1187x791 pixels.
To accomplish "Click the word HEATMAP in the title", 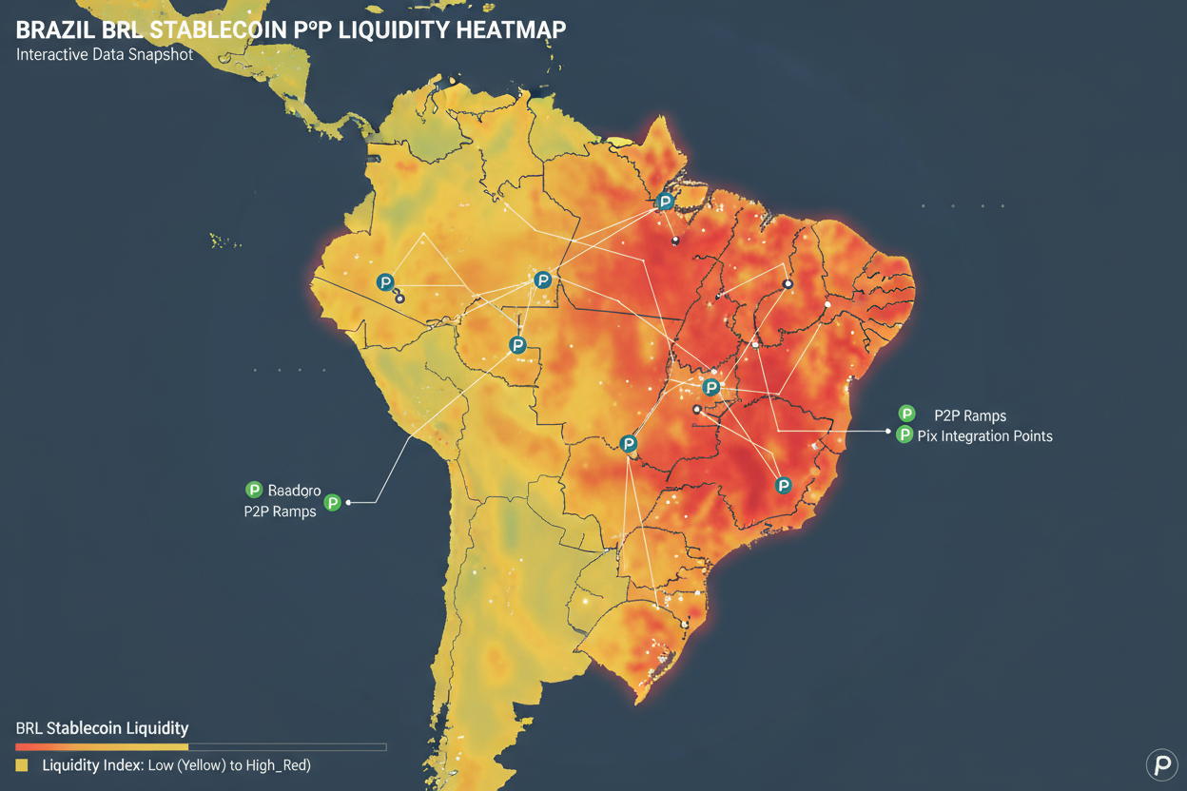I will point(511,29).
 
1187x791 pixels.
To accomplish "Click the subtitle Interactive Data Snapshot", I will point(105,55).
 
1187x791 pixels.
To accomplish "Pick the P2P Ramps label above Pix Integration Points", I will point(970,415).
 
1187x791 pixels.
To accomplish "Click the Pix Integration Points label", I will point(985,436).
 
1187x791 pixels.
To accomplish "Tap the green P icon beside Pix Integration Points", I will point(905,435).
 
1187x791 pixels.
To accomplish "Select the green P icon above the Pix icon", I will point(907,414).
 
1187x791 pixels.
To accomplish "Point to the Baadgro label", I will point(295,491).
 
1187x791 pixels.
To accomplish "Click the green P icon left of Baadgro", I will point(254,490).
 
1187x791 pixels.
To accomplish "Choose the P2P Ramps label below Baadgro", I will point(281,512).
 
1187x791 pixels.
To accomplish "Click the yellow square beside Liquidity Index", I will point(22,765).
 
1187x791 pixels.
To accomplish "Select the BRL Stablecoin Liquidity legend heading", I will point(103,729).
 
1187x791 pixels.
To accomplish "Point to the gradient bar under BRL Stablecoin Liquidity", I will point(200,747).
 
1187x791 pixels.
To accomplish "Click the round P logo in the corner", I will point(1161,764).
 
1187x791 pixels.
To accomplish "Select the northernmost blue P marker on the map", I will point(666,202).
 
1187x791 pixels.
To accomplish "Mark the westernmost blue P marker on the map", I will point(385,282).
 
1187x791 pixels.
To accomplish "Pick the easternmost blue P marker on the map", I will point(784,486).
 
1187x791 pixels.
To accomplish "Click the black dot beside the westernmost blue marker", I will point(400,299).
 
